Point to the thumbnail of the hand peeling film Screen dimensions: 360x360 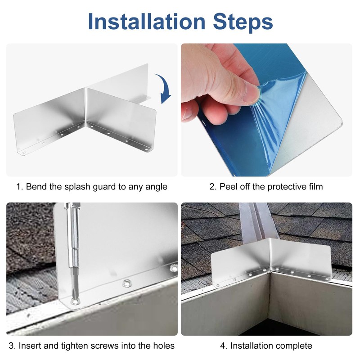266,110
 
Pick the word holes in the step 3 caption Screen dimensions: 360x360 163,346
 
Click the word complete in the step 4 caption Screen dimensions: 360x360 293,346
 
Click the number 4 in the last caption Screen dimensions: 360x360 223,346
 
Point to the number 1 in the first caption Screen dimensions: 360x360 18,187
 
